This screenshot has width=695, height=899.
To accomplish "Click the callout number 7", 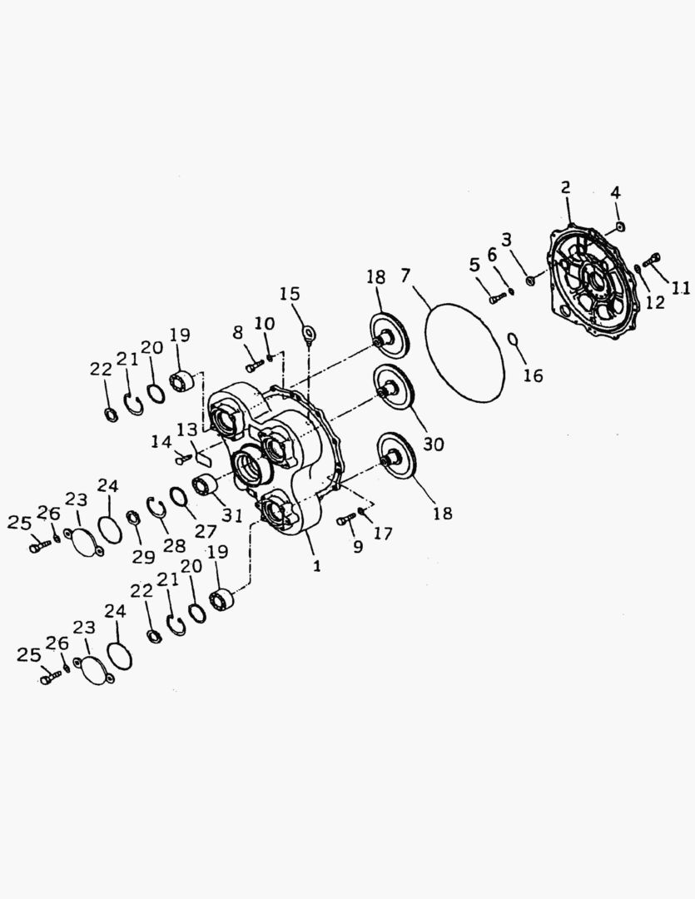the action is click(x=406, y=276).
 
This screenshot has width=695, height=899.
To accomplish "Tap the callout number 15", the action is click(x=290, y=294).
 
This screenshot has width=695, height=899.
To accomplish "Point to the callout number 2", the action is click(x=565, y=187).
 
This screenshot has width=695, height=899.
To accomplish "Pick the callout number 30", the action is click(x=434, y=444).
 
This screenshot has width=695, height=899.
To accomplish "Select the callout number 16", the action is click(x=533, y=376).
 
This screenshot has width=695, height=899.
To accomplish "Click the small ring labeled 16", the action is click(x=514, y=340).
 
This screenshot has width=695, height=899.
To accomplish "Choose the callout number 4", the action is click(x=615, y=191).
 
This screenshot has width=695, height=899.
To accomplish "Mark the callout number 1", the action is click(x=316, y=566).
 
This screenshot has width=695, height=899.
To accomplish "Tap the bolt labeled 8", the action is click(x=255, y=364).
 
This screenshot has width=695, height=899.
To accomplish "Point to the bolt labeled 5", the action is click(x=497, y=297).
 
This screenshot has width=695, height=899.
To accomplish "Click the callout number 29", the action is click(x=143, y=556).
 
